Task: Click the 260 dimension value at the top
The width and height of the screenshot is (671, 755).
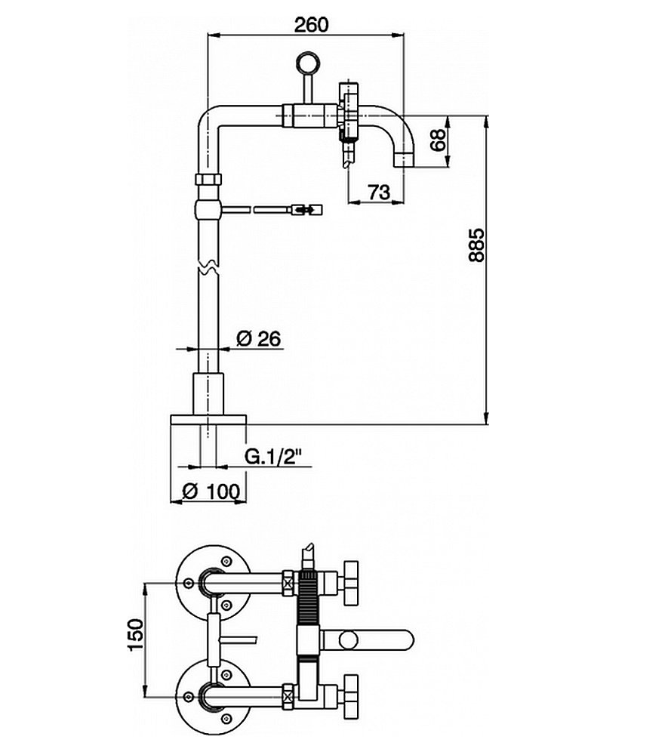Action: (x=311, y=24)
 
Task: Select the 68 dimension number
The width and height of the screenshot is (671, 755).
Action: (x=435, y=140)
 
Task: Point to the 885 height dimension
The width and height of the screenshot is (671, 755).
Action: (x=476, y=245)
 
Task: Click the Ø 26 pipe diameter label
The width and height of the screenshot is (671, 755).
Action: (x=258, y=339)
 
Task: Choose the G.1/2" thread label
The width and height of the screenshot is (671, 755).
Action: (x=273, y=456)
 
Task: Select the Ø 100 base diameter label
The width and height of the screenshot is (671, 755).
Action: (x=211, y=491)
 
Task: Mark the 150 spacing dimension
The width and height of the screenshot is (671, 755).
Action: (x=134, y=639)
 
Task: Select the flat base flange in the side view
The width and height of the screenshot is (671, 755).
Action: (x=209, y=419)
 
